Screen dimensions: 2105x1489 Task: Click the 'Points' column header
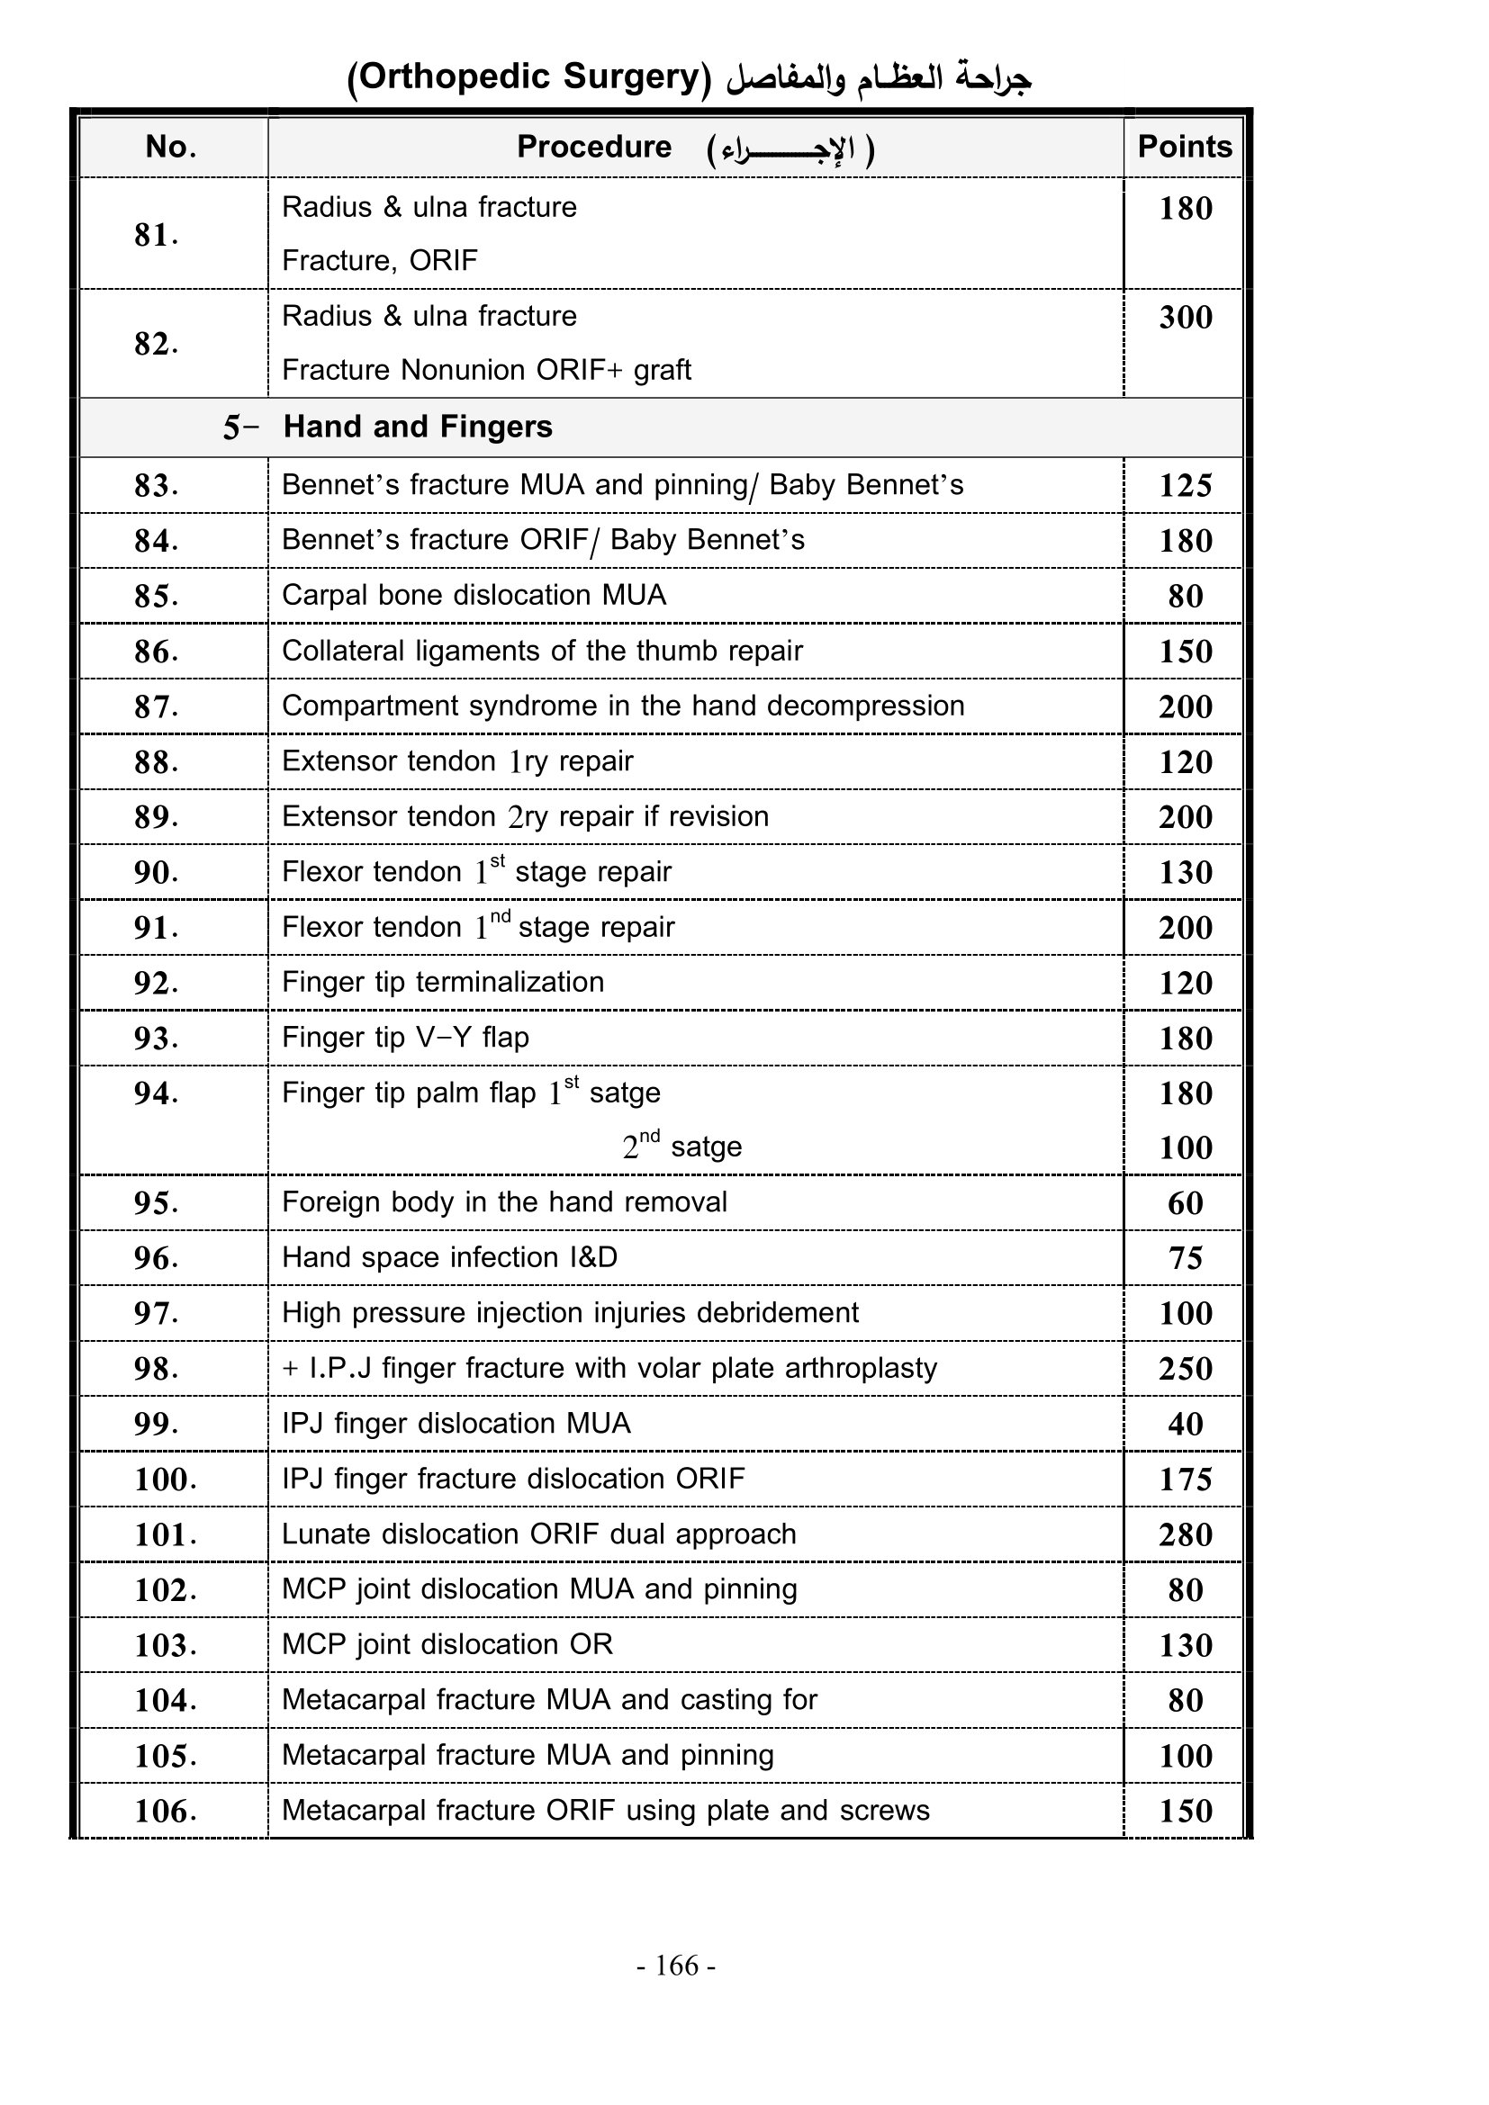1184,147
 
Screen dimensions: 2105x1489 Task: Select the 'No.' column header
171,147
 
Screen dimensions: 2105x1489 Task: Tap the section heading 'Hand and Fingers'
417,427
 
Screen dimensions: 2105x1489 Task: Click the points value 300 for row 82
1185,317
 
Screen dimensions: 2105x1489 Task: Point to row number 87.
156,706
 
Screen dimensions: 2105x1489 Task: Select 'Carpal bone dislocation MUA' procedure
474,595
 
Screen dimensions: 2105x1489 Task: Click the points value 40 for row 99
1185,1424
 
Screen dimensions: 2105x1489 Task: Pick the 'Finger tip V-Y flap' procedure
405,1038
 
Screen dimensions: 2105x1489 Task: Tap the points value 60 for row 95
1185,1203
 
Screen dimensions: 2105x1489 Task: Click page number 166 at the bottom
677,1965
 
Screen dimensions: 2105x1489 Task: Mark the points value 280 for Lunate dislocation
1185,1534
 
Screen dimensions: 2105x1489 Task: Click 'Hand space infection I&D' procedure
449,1257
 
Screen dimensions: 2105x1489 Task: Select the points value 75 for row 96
1185,1258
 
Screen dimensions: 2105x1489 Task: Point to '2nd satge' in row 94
682,1147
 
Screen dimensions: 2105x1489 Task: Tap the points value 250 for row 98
1185,1369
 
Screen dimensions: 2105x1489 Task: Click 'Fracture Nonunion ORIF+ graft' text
486,371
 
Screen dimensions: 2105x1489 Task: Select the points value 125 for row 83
1185,485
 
